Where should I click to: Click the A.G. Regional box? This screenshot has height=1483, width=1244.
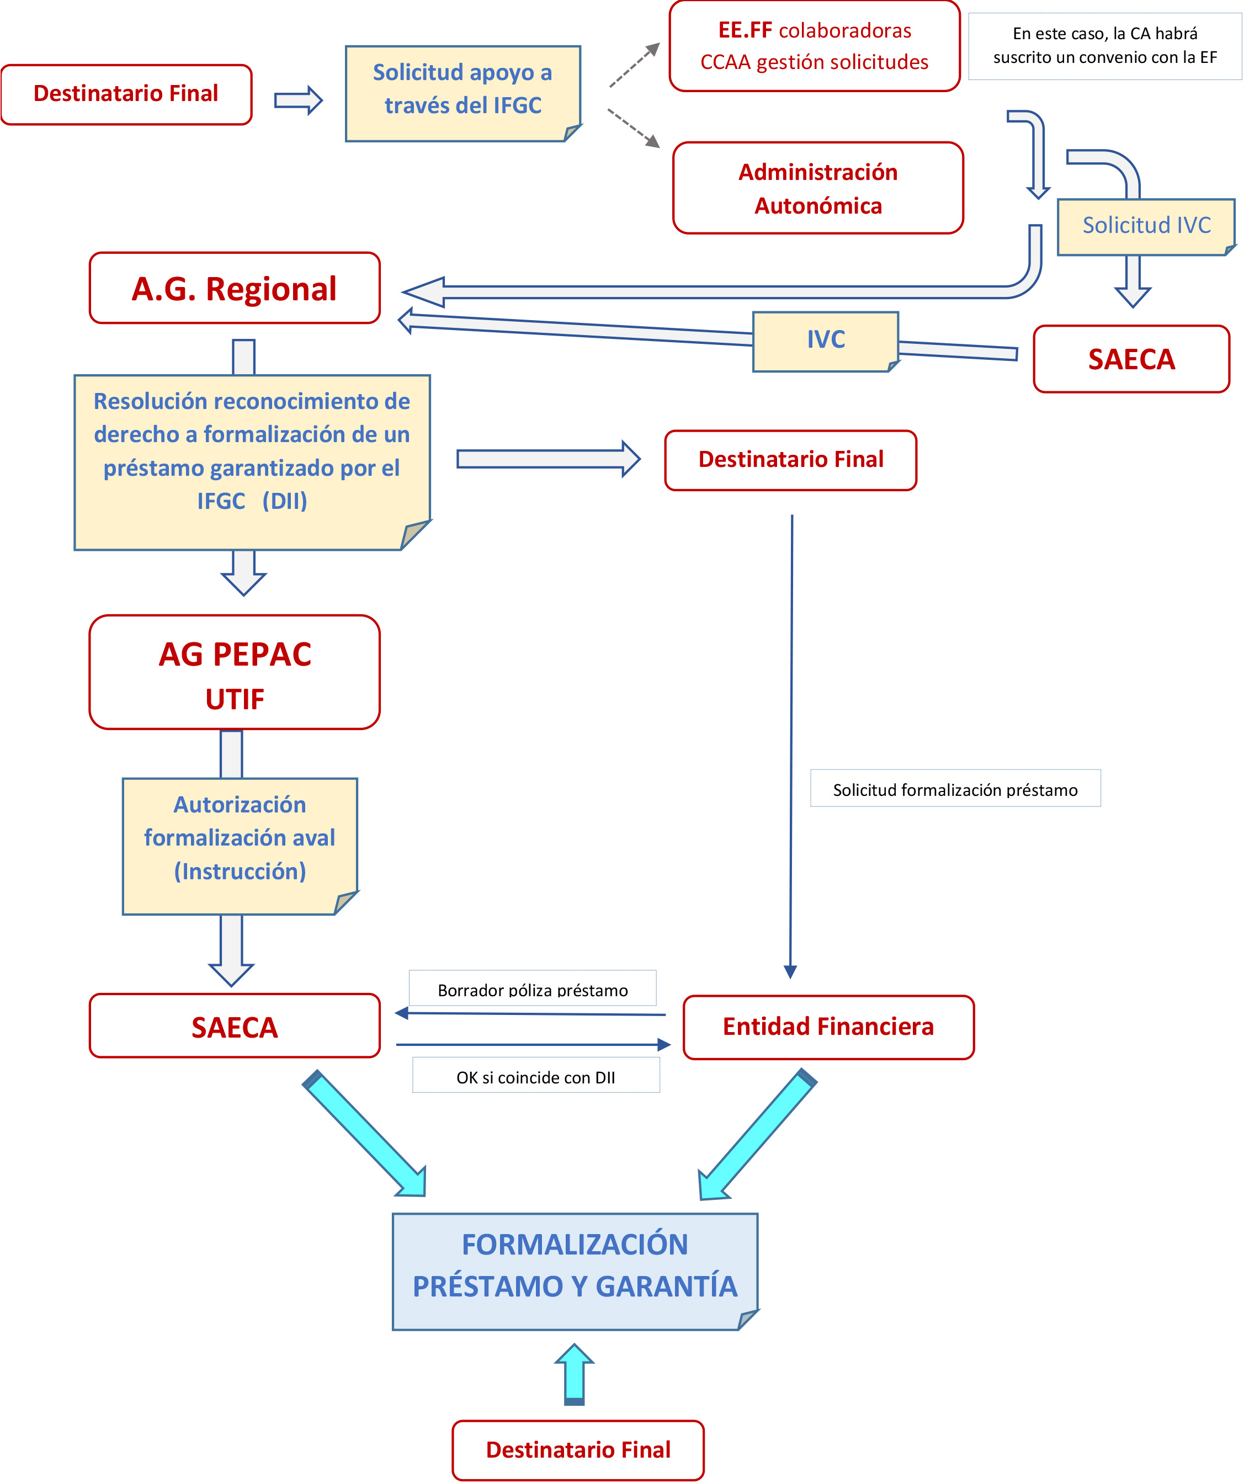[235, 288]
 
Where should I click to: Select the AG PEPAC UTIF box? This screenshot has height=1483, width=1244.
[235, 672]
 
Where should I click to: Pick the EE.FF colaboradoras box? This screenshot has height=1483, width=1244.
[814, 46]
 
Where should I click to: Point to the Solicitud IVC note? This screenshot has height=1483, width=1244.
[1145, 226]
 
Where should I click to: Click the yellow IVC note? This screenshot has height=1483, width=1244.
[825, 341]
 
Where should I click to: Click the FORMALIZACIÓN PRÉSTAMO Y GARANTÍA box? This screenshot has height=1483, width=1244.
[575, 1271]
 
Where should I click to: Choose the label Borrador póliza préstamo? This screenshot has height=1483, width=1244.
[533, 988]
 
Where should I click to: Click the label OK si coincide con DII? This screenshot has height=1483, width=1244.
[535, 1076]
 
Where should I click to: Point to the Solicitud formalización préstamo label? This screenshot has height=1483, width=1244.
[955, 789]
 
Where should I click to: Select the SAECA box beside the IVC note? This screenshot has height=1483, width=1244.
[1131, 359]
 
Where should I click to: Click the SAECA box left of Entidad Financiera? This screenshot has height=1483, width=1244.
[235, 1026]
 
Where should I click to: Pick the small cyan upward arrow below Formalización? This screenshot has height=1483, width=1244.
[574, 1374]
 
